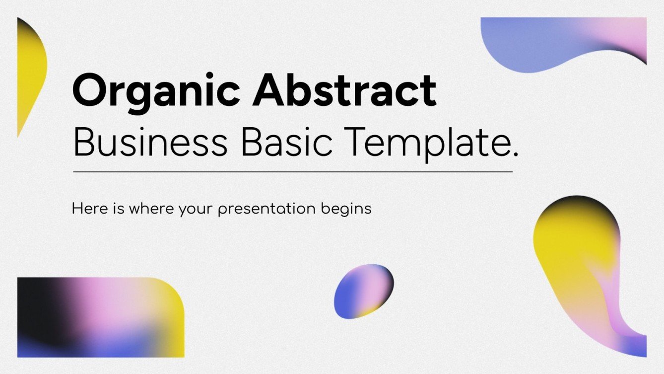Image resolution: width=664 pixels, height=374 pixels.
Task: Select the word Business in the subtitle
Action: [x=150, y=141]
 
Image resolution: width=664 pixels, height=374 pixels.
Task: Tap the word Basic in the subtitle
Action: [x=287, y=141]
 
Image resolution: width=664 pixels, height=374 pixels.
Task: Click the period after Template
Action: [x=514, y=155]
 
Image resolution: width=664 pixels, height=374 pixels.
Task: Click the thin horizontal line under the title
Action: [x=293, y=172]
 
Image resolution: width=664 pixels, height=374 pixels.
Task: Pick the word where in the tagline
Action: [x=151, y=209]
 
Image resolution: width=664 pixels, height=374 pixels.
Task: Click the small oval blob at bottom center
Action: [x=363, y=291]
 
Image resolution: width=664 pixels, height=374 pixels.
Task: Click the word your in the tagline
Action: [x=197, y=209]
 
